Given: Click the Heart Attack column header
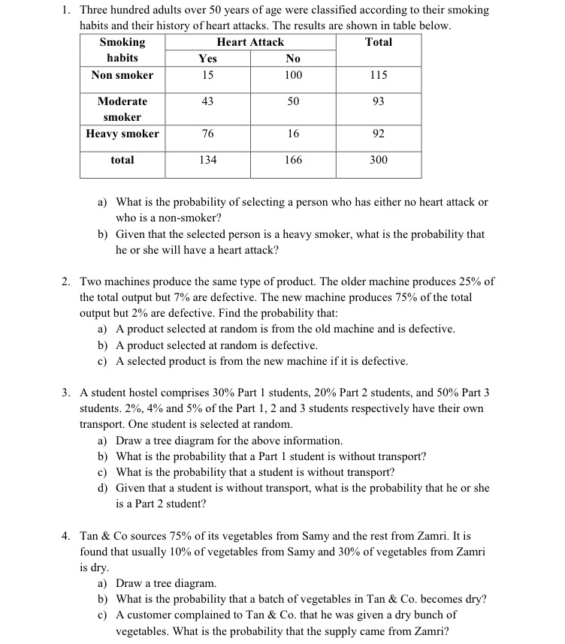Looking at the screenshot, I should [x=250, y=42].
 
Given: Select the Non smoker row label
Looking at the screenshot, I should [x=122, y=75].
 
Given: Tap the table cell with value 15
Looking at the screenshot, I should [x=207, y=75].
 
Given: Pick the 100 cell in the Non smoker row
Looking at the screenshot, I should [x=293, y=75].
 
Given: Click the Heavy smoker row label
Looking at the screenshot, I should [x=122, y=134].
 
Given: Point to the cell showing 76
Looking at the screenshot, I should [x=207, y=134].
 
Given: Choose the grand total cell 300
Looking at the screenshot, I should [x=379, y=160].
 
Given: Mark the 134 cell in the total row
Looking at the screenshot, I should [x=207, y=160].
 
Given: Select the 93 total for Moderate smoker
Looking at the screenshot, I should [x=379, y=101].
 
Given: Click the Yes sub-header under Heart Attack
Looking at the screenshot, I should [x=207, y=59].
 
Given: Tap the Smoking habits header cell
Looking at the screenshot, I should [x=122, y=50].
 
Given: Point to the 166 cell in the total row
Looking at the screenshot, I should [x=293, y=160].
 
